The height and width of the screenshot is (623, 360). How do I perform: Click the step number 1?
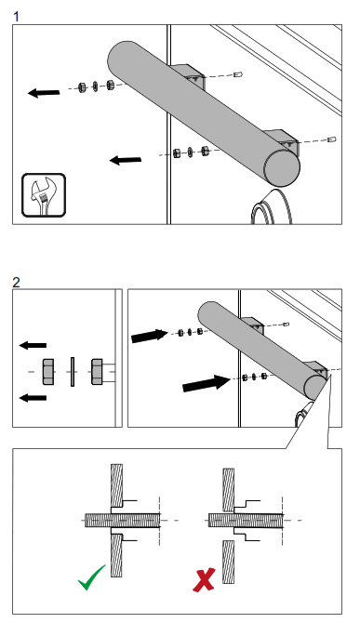pos(17,17)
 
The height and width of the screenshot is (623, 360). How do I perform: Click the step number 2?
pos(17,282)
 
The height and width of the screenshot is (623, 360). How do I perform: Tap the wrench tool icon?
pos(44,195)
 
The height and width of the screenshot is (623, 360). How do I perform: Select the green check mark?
pos(92,577)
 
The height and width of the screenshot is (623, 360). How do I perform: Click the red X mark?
pos(204,579)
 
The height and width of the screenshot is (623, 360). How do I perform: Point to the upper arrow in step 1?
pos(44,93)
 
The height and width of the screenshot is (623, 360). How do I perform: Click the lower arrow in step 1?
pos(126,160)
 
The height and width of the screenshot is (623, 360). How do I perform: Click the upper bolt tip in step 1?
pos(238,73)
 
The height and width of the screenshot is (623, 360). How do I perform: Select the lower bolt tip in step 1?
pos(332,139)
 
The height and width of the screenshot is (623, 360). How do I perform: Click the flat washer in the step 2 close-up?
pos(73,372)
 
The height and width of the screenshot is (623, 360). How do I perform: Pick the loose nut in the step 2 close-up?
pos(48,372)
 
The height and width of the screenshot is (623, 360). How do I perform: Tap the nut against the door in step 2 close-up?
pos(97,372)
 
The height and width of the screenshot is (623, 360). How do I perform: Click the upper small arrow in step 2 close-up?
pos(33,345)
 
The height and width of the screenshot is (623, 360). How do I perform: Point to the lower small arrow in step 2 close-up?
pos(33,397)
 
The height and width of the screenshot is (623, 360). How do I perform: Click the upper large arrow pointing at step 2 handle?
pos(150,336)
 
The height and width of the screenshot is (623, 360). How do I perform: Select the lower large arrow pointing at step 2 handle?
pos(207,383)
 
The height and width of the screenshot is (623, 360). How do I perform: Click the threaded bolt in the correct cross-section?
pos(123,520)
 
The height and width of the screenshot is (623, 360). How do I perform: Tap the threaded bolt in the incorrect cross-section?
pos(246,520)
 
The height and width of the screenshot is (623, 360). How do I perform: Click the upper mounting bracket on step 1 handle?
pos(191,75)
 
